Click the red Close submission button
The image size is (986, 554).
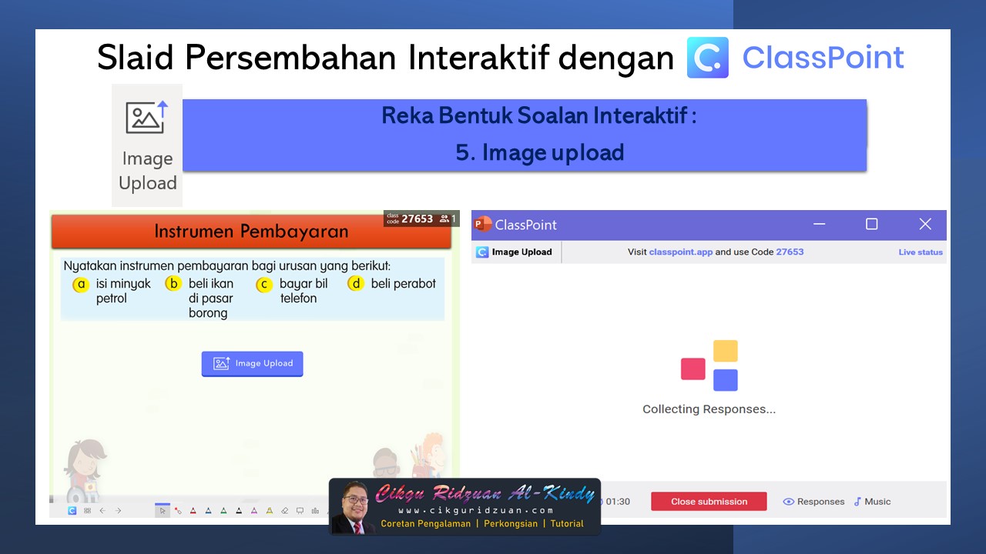tap(709, 502)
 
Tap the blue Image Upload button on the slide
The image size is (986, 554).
tap(253, 364)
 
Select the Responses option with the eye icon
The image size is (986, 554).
tap(813, 502)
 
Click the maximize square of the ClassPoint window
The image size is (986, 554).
tap(871, 224)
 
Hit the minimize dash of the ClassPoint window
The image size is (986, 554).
tap(819, 224)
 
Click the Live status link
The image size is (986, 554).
tap(921, 252)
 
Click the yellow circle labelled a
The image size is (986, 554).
tap(81, 285)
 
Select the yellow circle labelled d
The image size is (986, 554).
tap(355, 284)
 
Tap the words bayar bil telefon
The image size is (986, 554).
tap(303, 291)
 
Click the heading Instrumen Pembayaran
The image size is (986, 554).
tap(251, 232)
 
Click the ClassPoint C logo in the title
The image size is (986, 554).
tap(707, 58)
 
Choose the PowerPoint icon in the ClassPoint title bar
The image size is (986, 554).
tap(483, 224)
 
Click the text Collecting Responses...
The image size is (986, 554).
tap(709, 409)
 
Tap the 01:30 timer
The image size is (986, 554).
tap(617, 502)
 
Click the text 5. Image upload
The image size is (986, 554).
tap(539, 152)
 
